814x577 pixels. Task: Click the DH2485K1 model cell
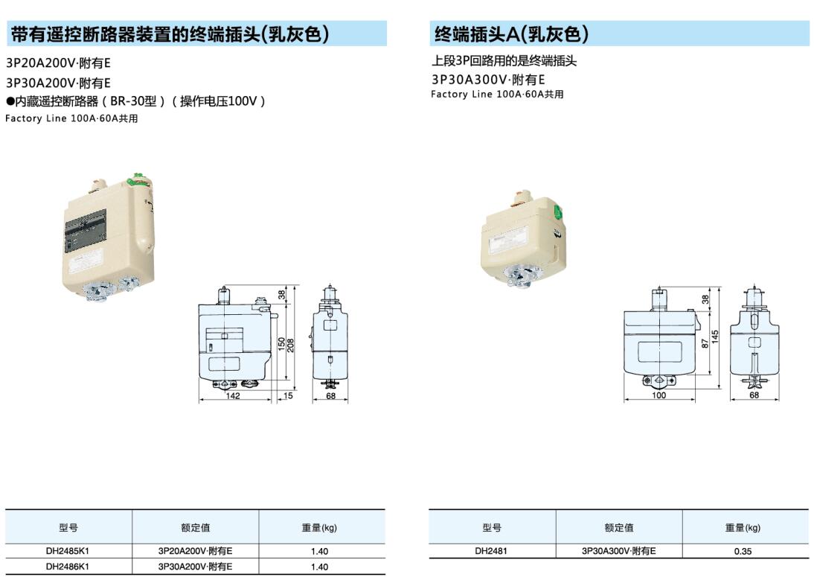68,550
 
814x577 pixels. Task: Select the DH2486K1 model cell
68,566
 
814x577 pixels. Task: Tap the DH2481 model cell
491,550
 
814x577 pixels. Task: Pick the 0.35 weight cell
743,551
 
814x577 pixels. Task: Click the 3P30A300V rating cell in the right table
619,550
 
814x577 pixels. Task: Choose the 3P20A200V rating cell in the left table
195,550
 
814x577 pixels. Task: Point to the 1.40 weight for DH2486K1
319,567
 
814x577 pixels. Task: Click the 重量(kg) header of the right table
743,528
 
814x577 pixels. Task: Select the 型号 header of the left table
68,528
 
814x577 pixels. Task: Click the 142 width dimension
233,396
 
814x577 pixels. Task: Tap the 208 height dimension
291,345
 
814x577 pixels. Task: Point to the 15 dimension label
288,396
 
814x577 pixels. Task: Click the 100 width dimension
658,395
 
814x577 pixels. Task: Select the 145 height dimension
715,337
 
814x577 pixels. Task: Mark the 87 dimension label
705,343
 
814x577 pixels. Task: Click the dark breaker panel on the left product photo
86,231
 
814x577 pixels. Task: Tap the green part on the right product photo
559,212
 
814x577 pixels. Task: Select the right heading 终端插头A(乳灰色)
511,34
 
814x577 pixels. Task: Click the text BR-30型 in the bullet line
133,101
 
